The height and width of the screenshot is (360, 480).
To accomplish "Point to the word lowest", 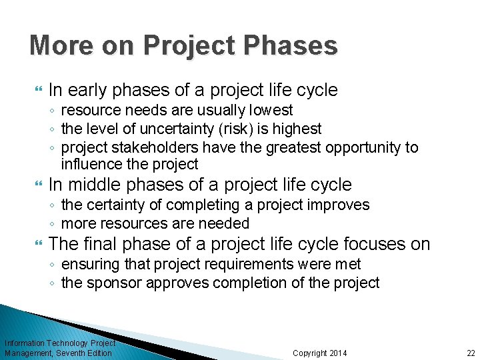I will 270,109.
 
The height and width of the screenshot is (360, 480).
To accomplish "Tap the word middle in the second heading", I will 94,185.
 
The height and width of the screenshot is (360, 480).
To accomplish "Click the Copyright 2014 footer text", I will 320,353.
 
